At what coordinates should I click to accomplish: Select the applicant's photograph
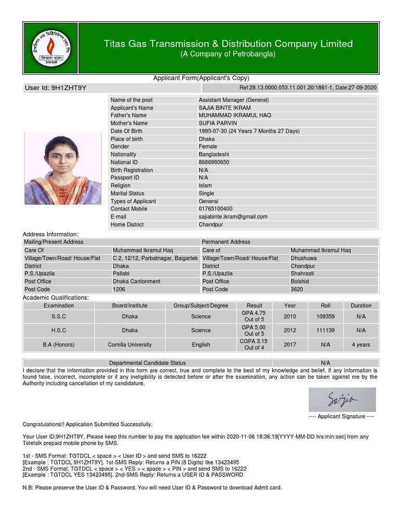(63, 168)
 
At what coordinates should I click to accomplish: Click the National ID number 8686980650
(214, 162)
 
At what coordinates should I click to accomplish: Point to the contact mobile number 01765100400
(216, 209)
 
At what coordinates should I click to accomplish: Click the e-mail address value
(233, 217)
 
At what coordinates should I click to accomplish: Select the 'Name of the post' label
(131, 100)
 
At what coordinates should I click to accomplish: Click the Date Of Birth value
(249, 131)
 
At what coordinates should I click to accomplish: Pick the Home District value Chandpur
(211, 224)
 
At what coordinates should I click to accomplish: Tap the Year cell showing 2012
(290, 330)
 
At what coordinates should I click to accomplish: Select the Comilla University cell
(129, 344)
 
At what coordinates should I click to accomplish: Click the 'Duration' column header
(361, 305)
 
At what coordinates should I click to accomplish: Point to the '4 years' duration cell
(361, 344)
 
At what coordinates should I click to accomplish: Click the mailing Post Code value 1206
(119, 289)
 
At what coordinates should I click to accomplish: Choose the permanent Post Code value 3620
(297, 289)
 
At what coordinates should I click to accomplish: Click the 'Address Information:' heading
(50, 234)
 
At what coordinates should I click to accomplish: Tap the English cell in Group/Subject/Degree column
(201, 344)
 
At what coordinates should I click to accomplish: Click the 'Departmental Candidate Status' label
(147, 363)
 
